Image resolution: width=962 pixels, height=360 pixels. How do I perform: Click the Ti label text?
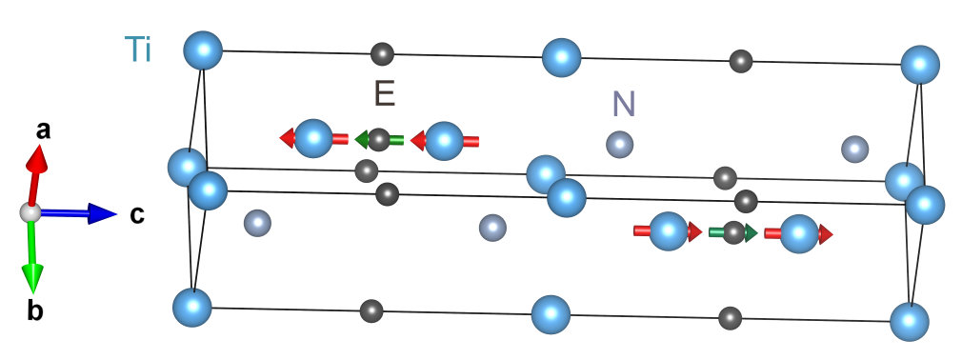138,49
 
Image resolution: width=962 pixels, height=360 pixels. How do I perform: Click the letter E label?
384,93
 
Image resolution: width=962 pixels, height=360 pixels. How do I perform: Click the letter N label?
624,104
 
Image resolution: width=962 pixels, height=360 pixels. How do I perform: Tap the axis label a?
43,130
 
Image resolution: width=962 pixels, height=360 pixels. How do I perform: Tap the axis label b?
36,311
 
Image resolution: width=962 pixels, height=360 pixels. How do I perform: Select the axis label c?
138,215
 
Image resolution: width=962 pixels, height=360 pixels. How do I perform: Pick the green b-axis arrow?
32,257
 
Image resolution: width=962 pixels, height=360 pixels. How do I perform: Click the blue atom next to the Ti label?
203,50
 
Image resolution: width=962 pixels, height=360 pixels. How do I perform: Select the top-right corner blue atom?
920,65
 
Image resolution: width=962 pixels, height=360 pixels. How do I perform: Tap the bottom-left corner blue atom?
191,308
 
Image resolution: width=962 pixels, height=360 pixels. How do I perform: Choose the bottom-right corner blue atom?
910,321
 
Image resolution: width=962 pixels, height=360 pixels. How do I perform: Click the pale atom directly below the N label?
620,145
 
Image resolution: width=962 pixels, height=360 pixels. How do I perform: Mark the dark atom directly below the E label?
379,140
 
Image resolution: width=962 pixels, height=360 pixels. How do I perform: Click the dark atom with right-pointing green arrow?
732,232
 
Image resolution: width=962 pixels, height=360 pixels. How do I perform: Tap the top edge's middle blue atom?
561,57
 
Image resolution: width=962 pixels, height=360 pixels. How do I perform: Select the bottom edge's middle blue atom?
551,314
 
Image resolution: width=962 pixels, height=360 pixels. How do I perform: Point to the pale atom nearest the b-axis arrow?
257,223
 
